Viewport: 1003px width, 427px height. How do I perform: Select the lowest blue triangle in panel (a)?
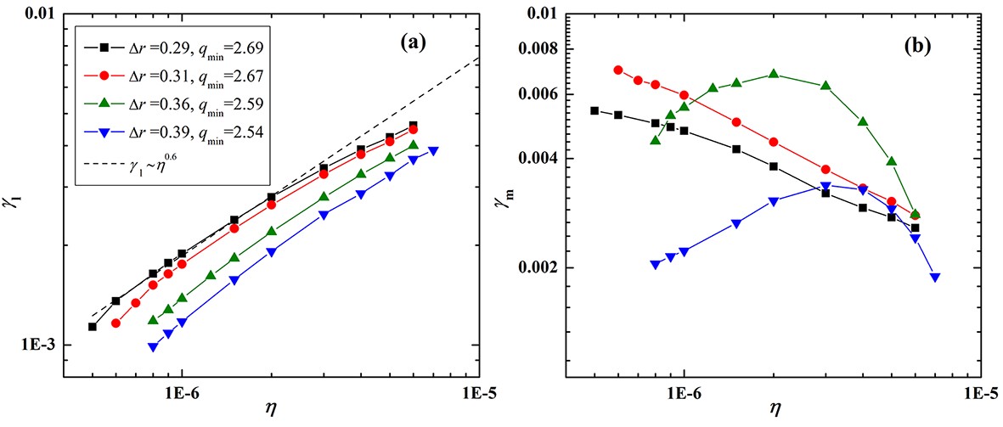(153, 346)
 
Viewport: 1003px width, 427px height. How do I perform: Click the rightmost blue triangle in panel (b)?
(935, 277)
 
